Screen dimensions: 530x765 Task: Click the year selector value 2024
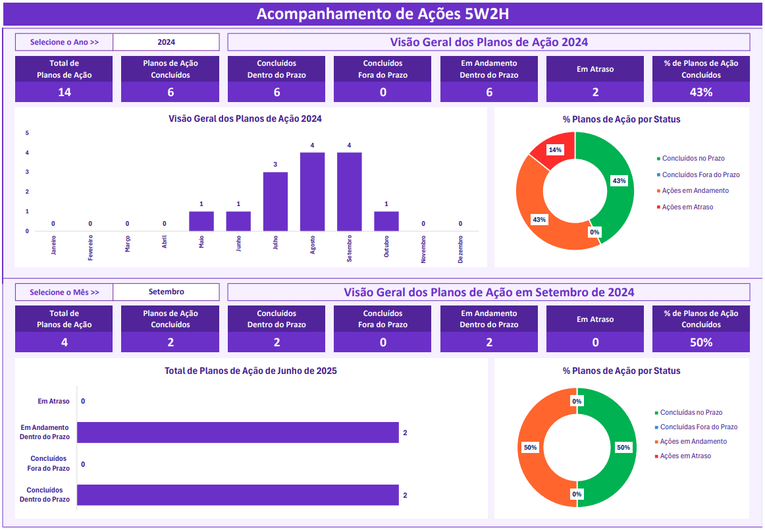166,42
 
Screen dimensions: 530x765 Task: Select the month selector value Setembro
166,292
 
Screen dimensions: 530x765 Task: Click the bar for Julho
275,201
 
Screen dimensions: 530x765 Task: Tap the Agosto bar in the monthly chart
312,192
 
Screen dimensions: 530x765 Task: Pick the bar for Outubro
386,221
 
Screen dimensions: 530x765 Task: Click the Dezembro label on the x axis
460,250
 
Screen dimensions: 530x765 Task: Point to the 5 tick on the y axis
27,133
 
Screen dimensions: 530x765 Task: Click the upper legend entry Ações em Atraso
687,207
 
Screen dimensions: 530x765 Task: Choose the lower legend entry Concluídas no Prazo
691,412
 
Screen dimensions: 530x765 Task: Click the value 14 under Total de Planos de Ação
64,92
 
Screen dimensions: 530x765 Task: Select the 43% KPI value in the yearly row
700,92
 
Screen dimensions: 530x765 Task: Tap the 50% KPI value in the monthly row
700,342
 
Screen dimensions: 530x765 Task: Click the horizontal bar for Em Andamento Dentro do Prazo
238,433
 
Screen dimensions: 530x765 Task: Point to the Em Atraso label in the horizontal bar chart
53,401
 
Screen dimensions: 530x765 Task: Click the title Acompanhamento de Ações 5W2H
382,14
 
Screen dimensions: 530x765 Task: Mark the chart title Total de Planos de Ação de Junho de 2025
250,371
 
